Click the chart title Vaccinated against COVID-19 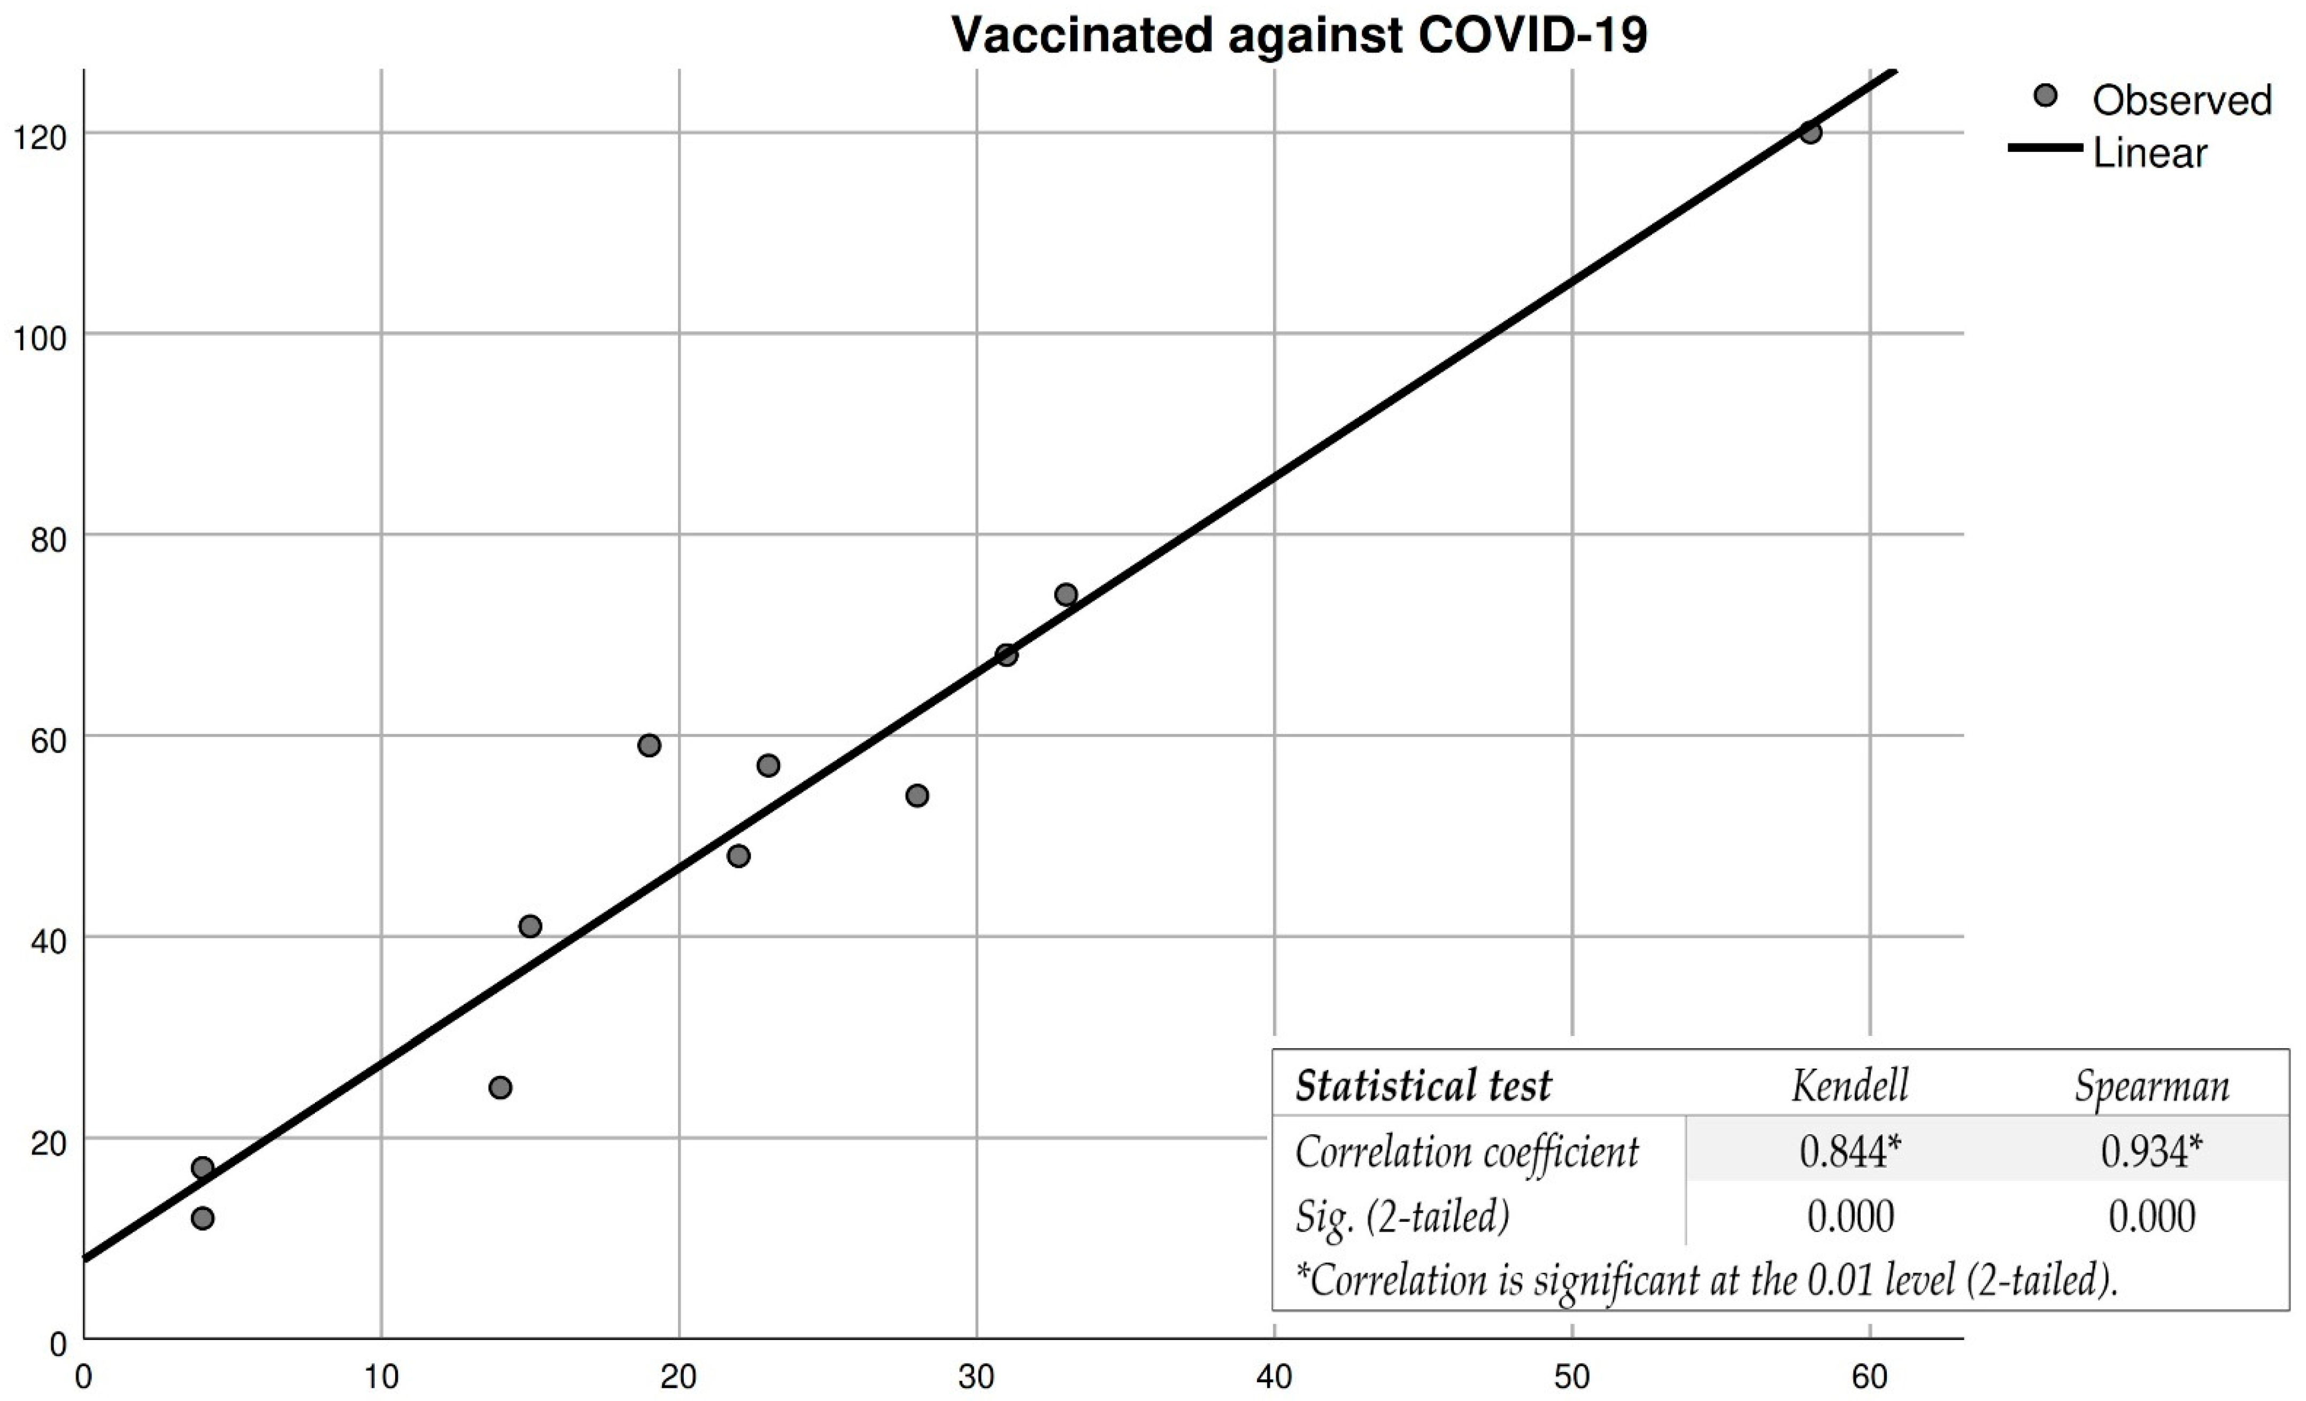click(1299, 36)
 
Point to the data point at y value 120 click(1810, 132)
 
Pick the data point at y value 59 click(649, 745)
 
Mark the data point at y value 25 click(500, 1087)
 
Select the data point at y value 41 click(530, 926)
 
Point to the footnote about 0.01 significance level click(1705, 1279)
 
